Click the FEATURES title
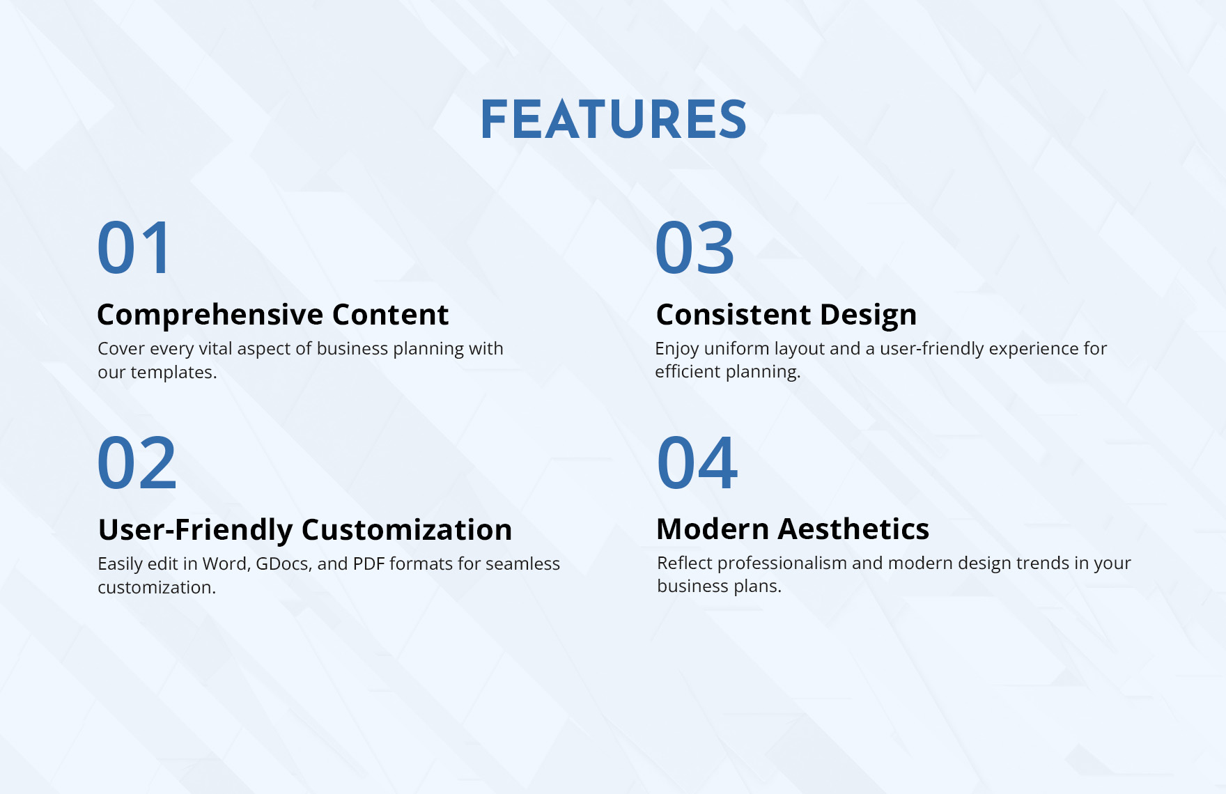click(613, 120)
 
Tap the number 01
click(134, 248)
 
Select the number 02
click(137, 463)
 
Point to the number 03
click(695, 248)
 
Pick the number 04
click(697, 463)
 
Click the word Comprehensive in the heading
click(210, 315)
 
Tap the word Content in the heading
click(390, 315)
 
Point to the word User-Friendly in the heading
click(195, 530)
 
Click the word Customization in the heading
click(407, 530)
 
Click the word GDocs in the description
click(281, 563)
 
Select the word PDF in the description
click(368, 563)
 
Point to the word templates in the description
click(173, 373)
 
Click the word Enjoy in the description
click(677, 349)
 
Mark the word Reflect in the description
click(684, 563)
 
